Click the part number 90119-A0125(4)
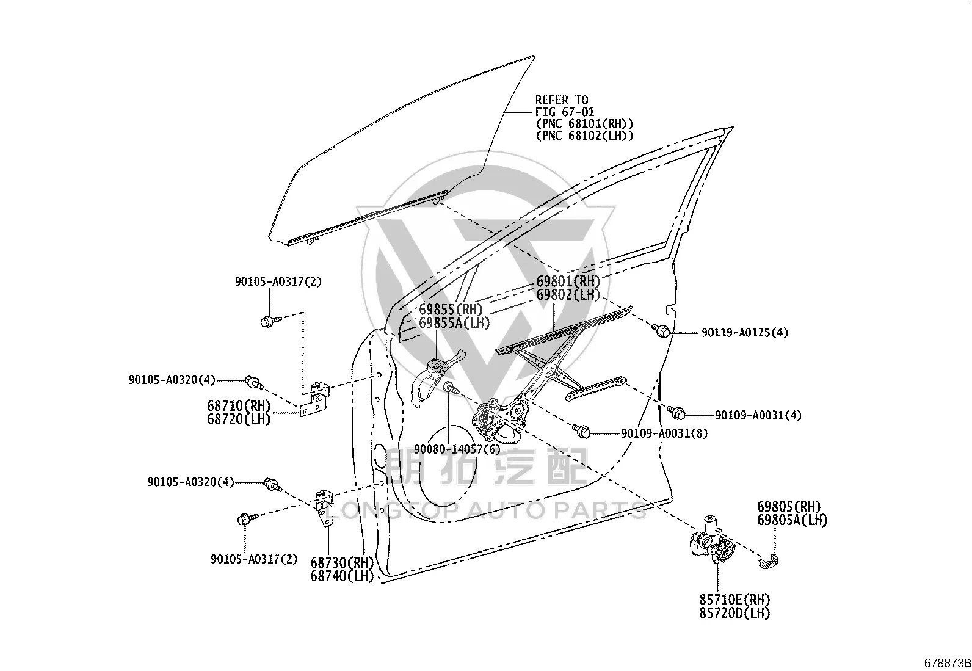click(x=745, y=333)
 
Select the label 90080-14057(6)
click(x=457, y=449)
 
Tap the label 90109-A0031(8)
click(x=664, y=433)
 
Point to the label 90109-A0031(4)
click(x=758, y=415)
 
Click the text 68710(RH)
click(x=239, y=406)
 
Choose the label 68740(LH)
click(x=342, y=576)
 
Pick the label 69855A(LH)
click(x=454, y=323)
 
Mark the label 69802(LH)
click(x=568, y=295)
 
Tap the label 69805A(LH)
click(x=792, y=520)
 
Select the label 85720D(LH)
click(x=734, y=613)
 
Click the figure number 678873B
click(x=947, y=663)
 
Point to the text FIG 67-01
click(x=565, y=112)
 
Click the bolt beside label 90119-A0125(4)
click(x=661, y=330)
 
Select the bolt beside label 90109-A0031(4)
click(x=676, y=412)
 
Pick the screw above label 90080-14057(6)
click(x=451, y=388)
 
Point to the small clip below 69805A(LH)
click(x=769, y=562)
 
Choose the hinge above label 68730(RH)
click(x=324, y=508)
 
